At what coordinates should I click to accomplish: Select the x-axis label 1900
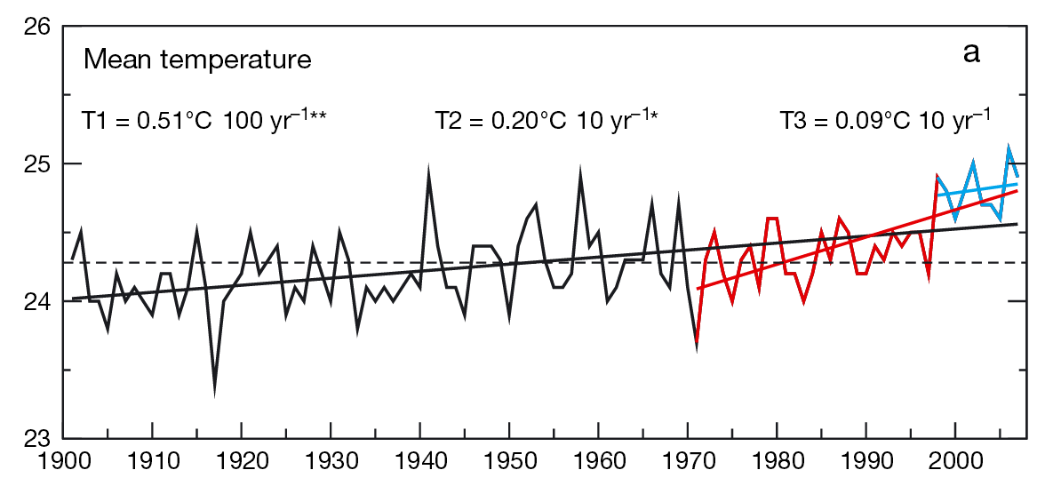63,465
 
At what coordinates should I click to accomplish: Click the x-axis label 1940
419,465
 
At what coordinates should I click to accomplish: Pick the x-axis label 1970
688,465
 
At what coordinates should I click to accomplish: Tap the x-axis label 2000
955,465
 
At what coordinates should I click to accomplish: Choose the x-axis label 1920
242,465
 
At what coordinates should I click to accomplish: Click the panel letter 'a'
971,53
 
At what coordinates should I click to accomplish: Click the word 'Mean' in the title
112,60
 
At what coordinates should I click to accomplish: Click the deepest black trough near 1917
215,392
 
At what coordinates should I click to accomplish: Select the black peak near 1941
429,170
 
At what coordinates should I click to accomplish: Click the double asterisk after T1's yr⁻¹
317,116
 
